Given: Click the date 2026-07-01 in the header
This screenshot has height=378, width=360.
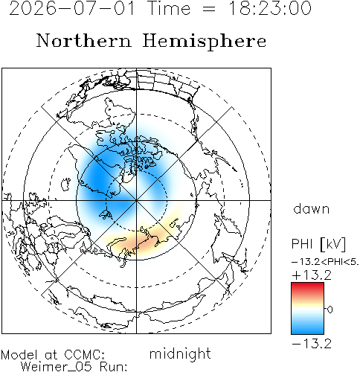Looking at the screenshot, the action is click(x=72, y=8).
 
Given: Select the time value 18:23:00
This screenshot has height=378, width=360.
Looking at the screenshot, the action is click(x=269, y=8).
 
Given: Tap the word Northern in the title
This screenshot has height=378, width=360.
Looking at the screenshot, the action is click(x=84, y=40).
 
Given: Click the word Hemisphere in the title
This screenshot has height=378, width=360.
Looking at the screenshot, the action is click(x=205, y=41).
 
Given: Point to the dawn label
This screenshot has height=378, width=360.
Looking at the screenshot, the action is click(x=312, y=208).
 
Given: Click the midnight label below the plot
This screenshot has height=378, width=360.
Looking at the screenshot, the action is click(x=180, y=353).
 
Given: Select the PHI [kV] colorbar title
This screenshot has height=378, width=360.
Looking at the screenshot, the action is click(x=318, y=243).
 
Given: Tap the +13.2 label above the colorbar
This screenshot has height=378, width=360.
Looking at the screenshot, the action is click(x=312, y=275).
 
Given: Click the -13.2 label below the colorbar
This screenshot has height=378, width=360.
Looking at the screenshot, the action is click(x=312, y=344).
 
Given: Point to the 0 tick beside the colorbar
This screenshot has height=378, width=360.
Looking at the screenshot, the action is click(x=330, y=310).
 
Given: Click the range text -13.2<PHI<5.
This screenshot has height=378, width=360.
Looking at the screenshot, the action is click(x=325, y=262).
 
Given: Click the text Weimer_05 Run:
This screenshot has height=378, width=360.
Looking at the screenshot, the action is click(x=74, y=367).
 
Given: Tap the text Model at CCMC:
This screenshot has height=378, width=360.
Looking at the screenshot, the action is click(x=53, y=355).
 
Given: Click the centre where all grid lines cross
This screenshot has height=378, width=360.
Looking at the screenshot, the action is click(x=136, y=200).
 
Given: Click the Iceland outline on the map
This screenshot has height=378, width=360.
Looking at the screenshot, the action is click(x=65, y=184).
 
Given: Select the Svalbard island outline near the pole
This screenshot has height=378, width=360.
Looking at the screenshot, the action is click(x=106, y=214).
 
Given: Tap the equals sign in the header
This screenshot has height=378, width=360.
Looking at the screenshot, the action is click(x=209, y=9).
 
